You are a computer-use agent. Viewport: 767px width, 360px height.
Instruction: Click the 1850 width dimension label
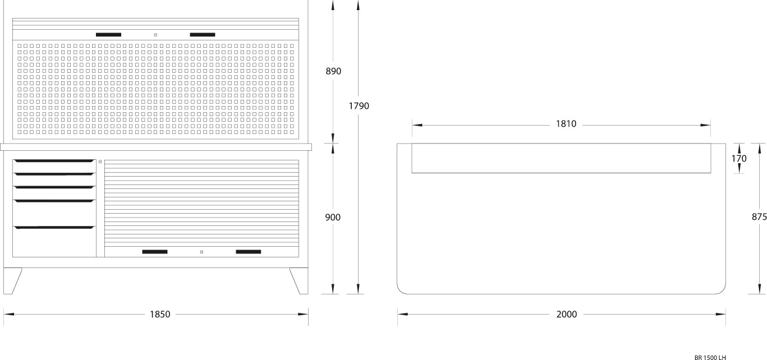160,315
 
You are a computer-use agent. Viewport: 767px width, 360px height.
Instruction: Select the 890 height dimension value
333,71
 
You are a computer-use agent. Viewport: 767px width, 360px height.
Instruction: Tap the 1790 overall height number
359,105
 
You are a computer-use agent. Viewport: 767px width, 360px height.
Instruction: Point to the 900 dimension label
333,217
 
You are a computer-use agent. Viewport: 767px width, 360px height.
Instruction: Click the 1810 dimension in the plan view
566,124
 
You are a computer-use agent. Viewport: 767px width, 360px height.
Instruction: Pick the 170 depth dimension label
739,159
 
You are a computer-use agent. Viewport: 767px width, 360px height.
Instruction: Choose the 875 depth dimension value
759,217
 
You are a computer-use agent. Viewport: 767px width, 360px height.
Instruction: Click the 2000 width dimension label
567,315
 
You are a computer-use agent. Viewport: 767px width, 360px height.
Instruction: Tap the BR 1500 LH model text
710,357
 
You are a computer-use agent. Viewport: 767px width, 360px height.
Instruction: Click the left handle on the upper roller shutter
108,35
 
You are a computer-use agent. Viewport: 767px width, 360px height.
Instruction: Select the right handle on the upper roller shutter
203,35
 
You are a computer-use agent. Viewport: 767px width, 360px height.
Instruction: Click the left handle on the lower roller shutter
155,252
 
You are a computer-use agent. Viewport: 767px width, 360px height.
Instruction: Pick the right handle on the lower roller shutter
248,252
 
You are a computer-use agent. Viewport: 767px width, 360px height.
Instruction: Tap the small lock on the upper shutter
155,35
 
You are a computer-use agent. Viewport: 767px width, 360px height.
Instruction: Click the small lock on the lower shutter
201,252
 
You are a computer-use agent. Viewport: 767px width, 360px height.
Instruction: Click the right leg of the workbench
300,280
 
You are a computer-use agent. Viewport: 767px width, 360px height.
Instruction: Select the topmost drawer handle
54,161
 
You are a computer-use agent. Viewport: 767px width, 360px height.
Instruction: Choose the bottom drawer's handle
54,227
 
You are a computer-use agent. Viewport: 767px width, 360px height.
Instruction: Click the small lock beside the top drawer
100,161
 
